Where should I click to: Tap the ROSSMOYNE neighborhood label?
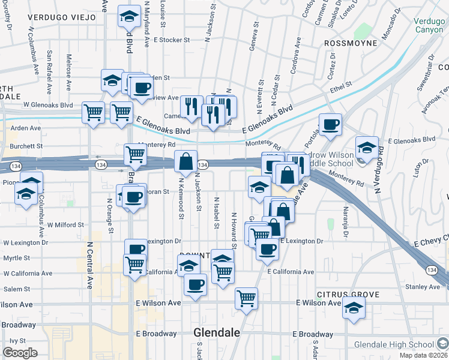click(351, 43)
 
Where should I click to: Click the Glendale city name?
click(217, 332)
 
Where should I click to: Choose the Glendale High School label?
click(394, 344)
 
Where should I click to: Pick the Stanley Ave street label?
click(423, 287)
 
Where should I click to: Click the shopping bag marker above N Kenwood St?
click(186, 161)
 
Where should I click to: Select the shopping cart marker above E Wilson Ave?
click(247, 298)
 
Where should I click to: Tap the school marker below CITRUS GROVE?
click(354, 307)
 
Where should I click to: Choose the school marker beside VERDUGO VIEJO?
click(128, 16)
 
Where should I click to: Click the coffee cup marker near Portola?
click(330, 124)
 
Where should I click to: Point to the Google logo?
click(20, 353)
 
